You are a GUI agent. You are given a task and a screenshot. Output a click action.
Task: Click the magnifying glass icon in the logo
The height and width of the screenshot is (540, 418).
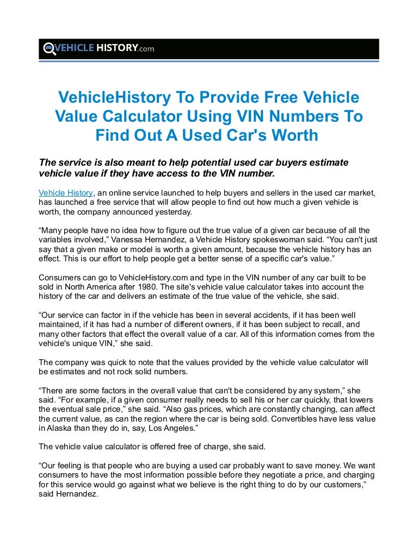point(48,48)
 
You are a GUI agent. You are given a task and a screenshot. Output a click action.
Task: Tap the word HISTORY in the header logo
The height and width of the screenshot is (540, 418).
point(116,48)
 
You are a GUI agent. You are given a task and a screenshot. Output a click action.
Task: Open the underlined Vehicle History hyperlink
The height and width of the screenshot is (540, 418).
point(65,192)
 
